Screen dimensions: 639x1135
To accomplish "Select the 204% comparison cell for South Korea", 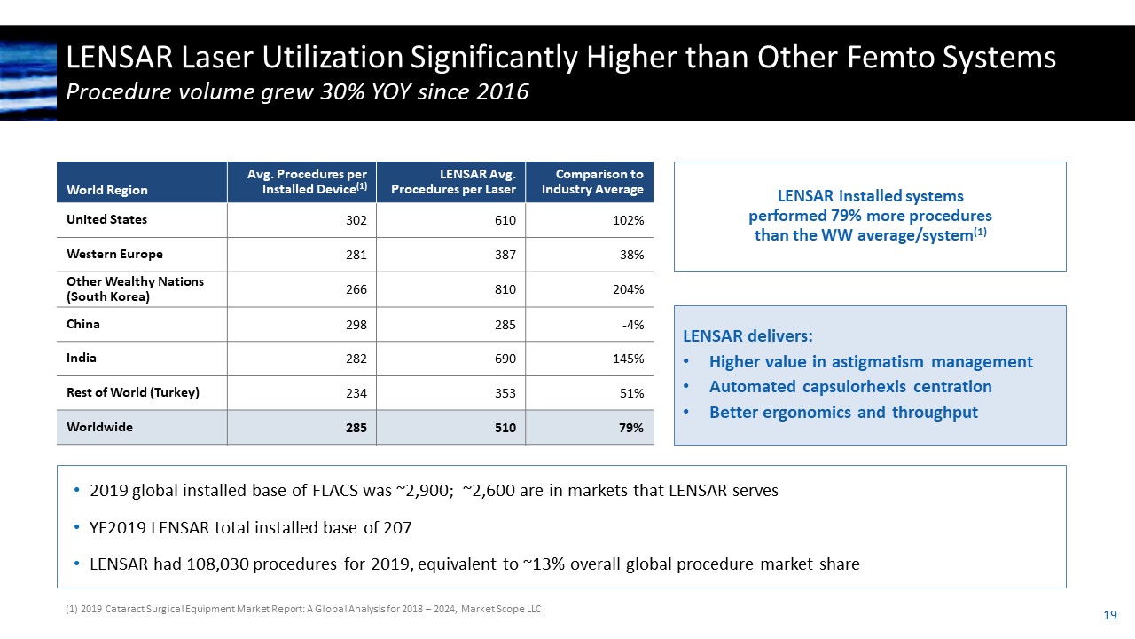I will point(629,289).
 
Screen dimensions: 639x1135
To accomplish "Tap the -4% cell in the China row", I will point(633,324).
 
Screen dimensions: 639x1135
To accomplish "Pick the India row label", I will point(82,359).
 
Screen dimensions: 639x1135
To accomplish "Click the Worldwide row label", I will point(99,427).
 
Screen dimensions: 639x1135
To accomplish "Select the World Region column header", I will point(107,190).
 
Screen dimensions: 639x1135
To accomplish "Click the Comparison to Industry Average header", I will point(592,182).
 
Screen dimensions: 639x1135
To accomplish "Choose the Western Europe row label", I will point(114,255).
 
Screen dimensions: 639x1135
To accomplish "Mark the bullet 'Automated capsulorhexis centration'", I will point(849,387).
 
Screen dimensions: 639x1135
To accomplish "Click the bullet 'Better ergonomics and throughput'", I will point(842,413).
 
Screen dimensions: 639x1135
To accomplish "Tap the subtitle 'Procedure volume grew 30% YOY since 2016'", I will point(298,92).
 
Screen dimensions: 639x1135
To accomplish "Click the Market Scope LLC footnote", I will point(302,609).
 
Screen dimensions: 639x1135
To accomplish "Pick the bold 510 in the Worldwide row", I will point(505,428).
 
